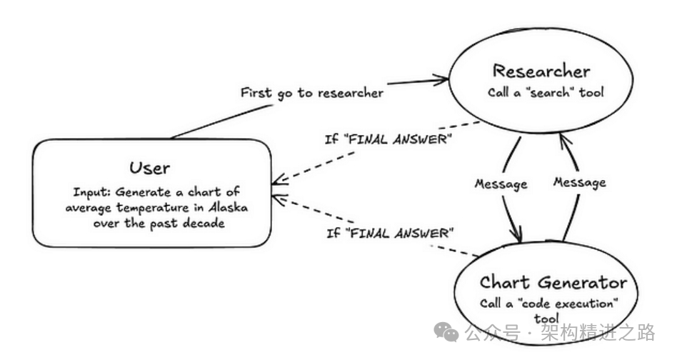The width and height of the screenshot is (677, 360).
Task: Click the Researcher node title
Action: point(541,71)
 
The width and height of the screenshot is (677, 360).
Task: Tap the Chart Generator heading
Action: point(553,283)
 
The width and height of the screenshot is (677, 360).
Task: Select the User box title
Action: point(150,168)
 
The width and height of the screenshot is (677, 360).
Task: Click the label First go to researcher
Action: point(312,94)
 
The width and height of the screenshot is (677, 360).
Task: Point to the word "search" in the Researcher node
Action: point(550,92)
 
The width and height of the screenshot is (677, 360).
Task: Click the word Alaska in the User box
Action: point(229,208)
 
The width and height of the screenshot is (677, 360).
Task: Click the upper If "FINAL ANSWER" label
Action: point(388,139)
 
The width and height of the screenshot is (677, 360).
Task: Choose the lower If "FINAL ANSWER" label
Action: point(390,234)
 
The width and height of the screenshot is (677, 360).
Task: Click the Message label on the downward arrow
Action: point(501,184)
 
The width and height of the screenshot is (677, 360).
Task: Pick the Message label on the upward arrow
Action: point(579,183)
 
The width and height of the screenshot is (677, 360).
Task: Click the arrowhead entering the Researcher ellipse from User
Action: point(442,80)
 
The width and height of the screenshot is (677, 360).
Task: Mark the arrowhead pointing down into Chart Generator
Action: point(516,235)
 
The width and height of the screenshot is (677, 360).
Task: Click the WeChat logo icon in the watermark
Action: point(446,332)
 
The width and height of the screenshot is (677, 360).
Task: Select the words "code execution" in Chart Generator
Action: point(568,304)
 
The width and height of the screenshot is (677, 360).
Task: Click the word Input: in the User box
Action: point(92,192)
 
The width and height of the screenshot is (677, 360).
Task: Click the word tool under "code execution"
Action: point(546,319)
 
